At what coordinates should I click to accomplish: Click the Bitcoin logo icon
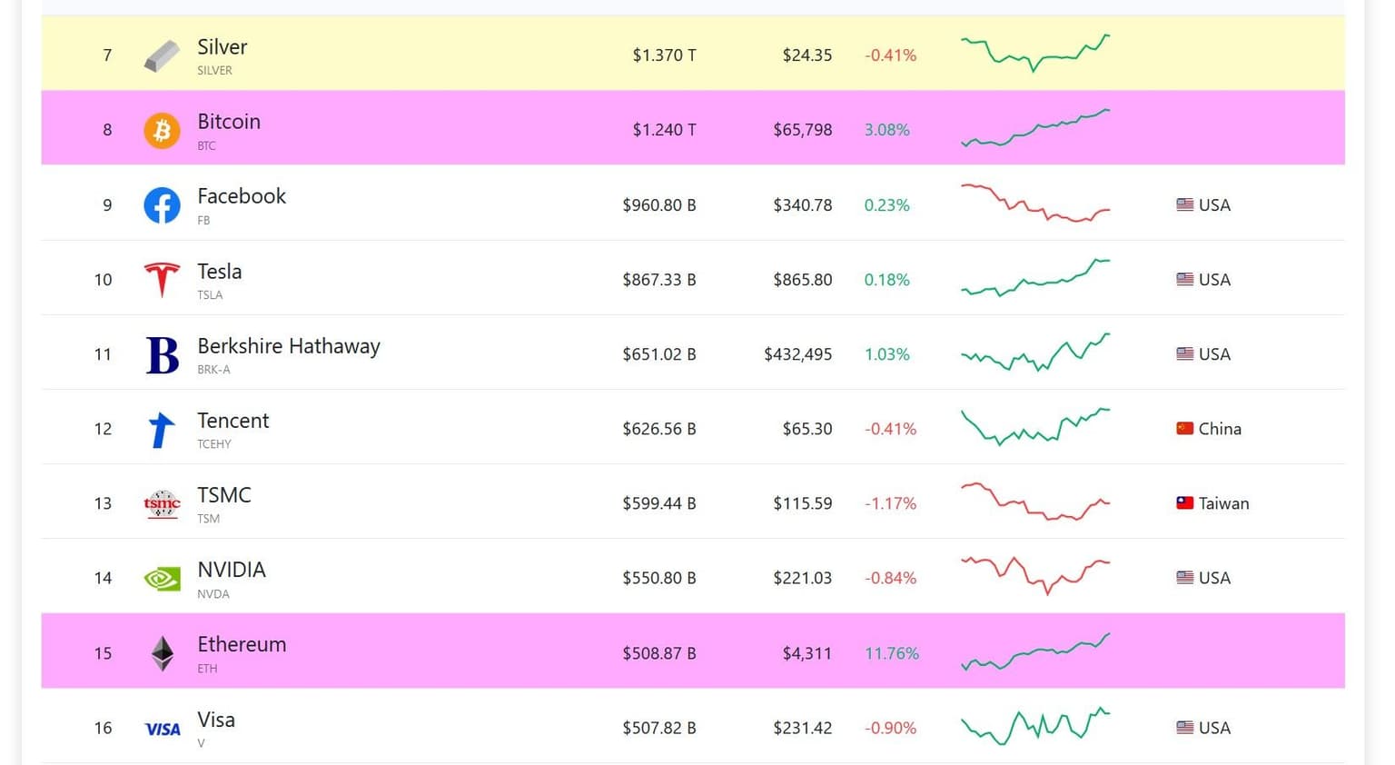(x=162, y=130)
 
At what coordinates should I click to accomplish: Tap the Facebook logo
(x=162, y=205)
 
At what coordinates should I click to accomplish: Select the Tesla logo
(x=162, y=280)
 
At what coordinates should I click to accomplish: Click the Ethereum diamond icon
(x=162, y=653)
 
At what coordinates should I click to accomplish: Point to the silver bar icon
(x=162, y=56)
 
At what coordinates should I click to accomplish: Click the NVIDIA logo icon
(x=162, y=579)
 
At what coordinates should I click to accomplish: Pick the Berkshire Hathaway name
(x=289, y=346)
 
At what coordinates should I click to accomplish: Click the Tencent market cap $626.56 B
(x=658, y=429)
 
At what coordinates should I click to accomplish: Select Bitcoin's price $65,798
(x=802, y=130)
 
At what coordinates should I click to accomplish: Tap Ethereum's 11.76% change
(x=891, y=653)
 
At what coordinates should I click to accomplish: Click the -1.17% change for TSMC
(x=890, y=503)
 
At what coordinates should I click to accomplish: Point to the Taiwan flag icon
(x=1184, y=502)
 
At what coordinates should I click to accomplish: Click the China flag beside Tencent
(x=1184, y=428)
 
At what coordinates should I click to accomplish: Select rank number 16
(x=104, y=728)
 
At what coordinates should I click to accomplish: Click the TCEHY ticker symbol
(x=214, y=444)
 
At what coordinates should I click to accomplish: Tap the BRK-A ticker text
(x=213, y=370)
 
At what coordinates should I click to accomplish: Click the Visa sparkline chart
(x=1035, y=726)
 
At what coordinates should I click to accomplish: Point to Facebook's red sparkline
(x=1035, y=204)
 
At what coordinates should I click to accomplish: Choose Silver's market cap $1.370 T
(x=664, y=55)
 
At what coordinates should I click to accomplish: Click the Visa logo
(x=163, y=729)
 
